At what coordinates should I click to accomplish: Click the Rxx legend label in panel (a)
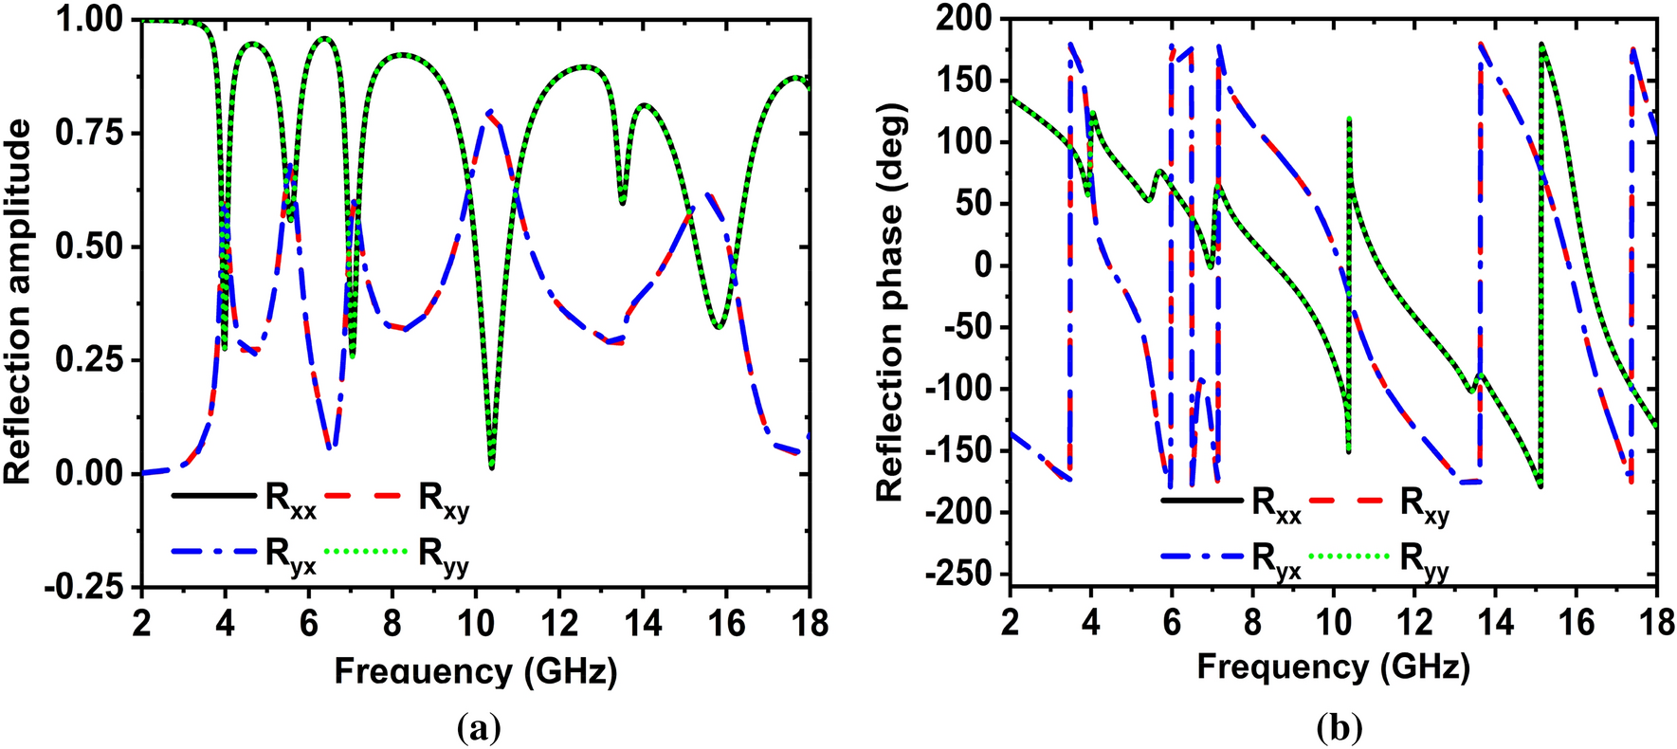[x=290, y=502]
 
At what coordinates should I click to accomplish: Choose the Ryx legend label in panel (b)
[x=1276, y=560]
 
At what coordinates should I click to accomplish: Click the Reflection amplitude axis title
[x=19, y=301]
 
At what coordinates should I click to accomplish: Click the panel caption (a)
[x=478, y=727]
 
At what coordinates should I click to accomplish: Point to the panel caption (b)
[x=1339, y=727]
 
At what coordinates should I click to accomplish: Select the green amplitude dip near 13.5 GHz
[x=622, y=201]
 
